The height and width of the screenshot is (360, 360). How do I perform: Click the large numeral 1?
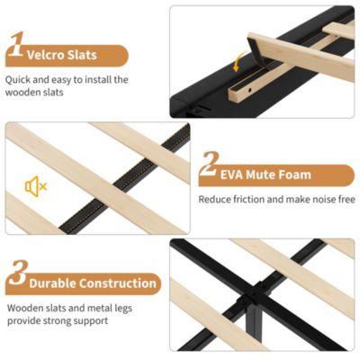[x=16, y=44]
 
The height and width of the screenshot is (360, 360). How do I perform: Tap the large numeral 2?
[x=208, y=164]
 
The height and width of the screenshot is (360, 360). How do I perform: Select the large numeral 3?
[x=18, y=273]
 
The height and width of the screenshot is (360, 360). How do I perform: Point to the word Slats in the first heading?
[x=82, y=55]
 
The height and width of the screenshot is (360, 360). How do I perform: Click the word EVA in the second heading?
[x=231, y=175]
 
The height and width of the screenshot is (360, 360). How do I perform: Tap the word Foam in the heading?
[x=294, y=175]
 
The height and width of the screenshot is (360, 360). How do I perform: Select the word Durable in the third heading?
[x=52, y=283]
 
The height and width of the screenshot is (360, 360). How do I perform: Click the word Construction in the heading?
[x=118, y=283]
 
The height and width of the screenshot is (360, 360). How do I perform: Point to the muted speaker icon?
[x=36, y=186]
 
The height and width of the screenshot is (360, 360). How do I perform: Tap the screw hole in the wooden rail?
[x=250, y=90]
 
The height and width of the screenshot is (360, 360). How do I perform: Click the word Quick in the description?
[x=18, y=80]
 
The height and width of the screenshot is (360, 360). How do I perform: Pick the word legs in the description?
[x=123, y=309]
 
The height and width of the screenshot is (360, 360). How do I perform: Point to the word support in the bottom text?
[x=91, y=321]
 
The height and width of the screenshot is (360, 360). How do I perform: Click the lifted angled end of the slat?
[x=256, y=50]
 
